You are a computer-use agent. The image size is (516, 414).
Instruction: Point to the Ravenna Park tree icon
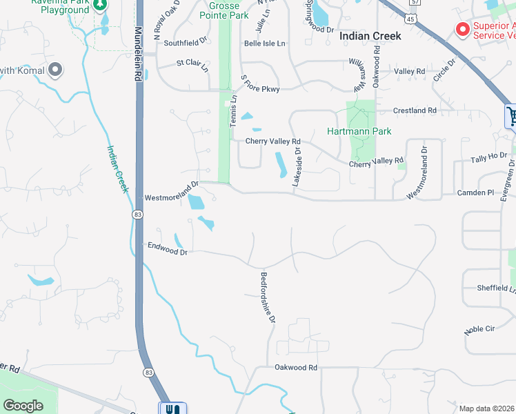100,4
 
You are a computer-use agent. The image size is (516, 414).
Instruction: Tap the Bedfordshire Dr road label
268,297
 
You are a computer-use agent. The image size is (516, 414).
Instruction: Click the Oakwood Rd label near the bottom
295,368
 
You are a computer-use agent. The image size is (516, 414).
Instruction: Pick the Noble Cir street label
479,329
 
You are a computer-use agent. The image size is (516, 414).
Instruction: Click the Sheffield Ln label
496,288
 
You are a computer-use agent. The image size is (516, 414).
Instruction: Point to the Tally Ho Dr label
488,159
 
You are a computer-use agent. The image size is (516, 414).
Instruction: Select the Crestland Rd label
415,110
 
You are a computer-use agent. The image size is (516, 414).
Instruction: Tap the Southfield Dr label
185,43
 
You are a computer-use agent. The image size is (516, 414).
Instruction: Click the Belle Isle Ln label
264,43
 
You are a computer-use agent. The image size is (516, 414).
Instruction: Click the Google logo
23,406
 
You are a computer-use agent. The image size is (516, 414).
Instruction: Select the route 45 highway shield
410,19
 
